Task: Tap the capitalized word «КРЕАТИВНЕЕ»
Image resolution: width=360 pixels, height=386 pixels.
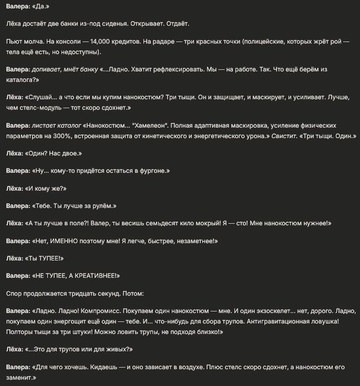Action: click(94, 276)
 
